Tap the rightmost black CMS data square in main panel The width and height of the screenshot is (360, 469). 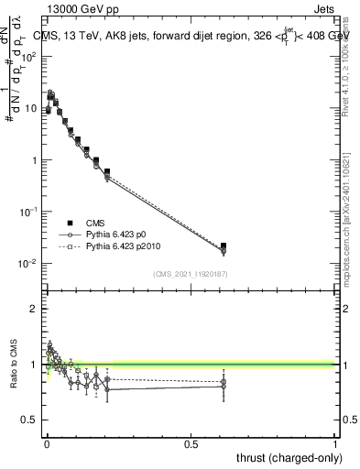[224, 245]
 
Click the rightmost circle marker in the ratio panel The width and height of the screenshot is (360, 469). [224, 387]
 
